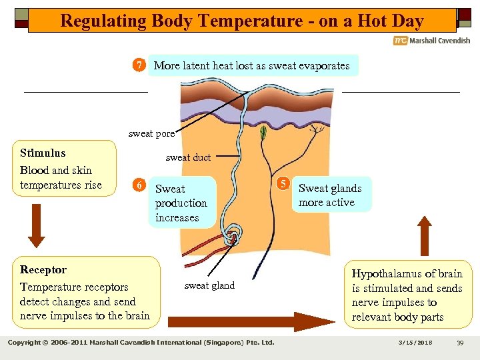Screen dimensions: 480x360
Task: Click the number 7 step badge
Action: (x=139, y=65)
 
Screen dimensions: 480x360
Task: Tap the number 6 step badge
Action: (x=138, y=185)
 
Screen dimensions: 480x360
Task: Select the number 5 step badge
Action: (x=283, y=184)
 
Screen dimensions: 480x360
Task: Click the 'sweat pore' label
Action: (x=151, y=133)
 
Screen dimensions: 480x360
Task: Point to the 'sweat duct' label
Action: (x=187, y=157)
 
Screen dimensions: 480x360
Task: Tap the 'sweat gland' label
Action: (x=209, y=285)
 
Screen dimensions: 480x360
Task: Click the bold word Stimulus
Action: (x=43, y=153)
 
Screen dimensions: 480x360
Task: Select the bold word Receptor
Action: (x=43, y=269)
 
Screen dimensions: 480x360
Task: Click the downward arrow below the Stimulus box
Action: (x=37, y=230)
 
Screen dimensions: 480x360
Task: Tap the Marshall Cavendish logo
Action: (x=431, y=41)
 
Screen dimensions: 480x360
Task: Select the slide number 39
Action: (x=460, y=343)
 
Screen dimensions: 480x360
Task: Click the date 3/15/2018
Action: (x=416, y=343)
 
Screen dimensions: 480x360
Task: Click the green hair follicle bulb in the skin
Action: (x=263, y=132)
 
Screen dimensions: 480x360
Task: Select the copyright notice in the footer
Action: (x=141, y=343)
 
